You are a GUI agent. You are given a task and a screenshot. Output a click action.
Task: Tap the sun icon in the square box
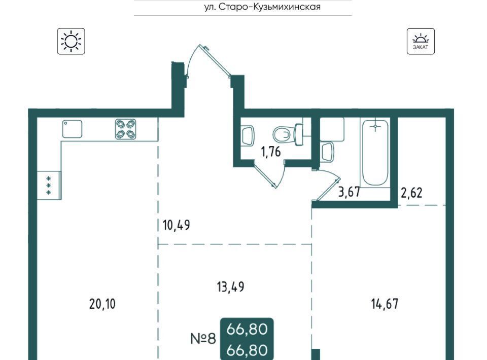click(x=71, y=41)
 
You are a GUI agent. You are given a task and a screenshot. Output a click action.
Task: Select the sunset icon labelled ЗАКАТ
click(x=421, y=41)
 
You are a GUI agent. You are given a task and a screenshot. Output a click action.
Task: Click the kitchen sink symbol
click(x=73, y=129)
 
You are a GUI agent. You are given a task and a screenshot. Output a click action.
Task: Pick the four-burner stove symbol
click(x=126, y=129)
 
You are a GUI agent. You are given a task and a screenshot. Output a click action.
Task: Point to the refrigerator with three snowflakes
click(x=49, y=185)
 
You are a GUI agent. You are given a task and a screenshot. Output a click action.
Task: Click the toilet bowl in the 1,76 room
click(x=288, y=134)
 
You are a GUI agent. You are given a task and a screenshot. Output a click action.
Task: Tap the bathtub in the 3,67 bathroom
click(x=375, y=153)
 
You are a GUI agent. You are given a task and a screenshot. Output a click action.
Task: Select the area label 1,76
click(x=271, y=152)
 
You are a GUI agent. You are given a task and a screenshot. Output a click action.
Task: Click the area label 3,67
click(x=349, y=192)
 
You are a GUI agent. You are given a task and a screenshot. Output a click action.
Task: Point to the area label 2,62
click(x=412, y=193)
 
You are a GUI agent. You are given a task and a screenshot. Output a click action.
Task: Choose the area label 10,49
click(x=177, y=225)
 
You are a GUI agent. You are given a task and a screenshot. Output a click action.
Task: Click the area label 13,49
click(x=231, y=287)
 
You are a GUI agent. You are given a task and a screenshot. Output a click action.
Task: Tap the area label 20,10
click(x=102, y=304)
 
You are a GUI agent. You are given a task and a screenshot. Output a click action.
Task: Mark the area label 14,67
click(x=385, y=304)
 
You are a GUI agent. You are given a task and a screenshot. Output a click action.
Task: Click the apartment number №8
click(x=203, y=338)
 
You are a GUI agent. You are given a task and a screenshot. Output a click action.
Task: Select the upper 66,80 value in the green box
click(x=247, y=329)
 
